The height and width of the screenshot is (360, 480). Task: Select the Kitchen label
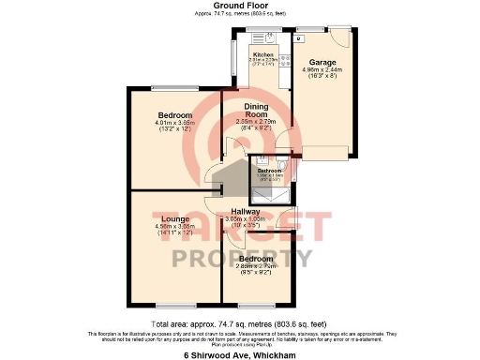(263, 55)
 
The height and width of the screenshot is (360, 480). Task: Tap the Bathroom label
(269, 171)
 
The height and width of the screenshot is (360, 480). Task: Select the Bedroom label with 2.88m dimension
(255, 259)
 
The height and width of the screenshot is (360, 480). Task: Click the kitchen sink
(269, 39)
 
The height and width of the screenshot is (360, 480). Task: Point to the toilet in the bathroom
(259, 187)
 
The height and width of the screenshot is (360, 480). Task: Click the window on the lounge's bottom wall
(175, 306)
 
